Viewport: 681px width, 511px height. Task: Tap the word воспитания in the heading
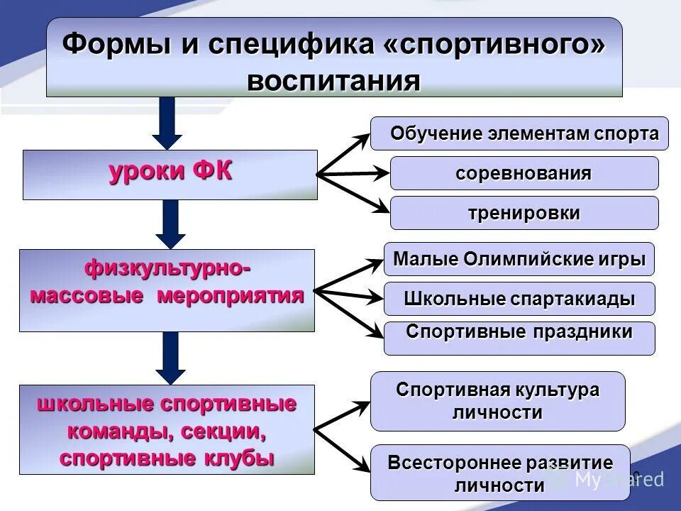click(x=334, y=80)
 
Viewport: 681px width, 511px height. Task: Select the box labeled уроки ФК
click(x=170, y=174)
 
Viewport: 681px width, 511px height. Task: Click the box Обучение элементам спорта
click(x=519, y=133)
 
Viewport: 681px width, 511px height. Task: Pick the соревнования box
click(x=524, y=173)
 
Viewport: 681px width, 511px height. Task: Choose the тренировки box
click(x=524, y=213)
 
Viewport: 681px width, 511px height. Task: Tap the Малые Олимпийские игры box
click(x=519, y=259)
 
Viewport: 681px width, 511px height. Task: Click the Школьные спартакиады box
click(x=519, y=299)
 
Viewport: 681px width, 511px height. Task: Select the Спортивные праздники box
click(x=519, y=338)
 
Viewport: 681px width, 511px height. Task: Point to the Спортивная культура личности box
click(x=498, y=401)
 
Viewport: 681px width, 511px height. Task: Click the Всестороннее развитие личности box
click(x=500, y=473)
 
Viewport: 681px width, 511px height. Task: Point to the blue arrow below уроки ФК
click(x=170, y=223)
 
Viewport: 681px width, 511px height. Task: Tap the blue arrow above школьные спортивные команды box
click(x=170, y=358)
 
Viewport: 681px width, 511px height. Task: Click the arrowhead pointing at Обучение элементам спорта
click(x=362, y=136)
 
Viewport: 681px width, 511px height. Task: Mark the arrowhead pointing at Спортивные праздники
click(x=375, y=331)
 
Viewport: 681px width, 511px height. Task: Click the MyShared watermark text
click(x=617, y=480)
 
